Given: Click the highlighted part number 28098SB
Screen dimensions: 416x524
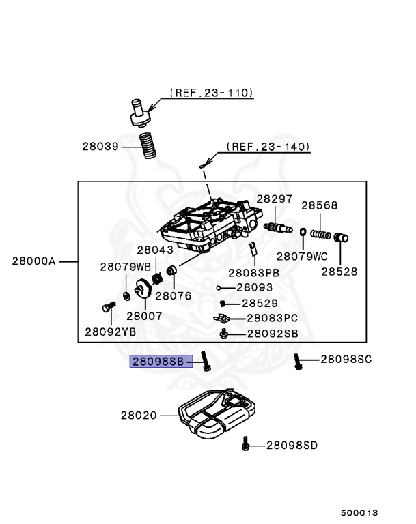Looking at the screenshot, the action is click(158, 361).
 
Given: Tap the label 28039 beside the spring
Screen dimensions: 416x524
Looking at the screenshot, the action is click(100, 147).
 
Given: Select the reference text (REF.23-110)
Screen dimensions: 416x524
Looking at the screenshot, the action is click(212, 93).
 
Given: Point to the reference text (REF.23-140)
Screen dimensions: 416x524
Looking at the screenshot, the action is click(268, 147).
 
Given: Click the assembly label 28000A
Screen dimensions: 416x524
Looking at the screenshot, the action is click(33, 261).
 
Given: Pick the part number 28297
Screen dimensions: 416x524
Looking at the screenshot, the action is click(275, 199).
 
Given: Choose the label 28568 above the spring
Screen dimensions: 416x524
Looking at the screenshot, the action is click(320, 205).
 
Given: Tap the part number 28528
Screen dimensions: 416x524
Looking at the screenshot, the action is click(339, 272).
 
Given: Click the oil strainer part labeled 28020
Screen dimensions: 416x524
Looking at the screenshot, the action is click(217, 413).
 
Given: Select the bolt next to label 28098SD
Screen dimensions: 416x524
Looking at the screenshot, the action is click(246, 443).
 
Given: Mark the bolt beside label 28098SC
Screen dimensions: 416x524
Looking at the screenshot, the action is click(298, 362).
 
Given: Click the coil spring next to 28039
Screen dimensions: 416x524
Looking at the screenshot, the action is click(148, 146).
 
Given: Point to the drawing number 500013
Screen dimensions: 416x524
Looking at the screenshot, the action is click(359, 512).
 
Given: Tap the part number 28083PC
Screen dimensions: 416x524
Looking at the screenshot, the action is click(273, 318).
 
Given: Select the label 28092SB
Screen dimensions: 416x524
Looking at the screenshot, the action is click(273, 334).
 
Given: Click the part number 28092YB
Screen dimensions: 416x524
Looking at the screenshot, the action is click(111, 332).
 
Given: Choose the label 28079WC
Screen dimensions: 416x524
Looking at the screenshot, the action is click(302, 257).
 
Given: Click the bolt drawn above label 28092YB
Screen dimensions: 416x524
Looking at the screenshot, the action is click(109, 306).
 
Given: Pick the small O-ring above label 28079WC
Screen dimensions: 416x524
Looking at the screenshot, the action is click(303, 231).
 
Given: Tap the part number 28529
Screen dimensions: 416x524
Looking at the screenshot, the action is click(260, 303).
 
